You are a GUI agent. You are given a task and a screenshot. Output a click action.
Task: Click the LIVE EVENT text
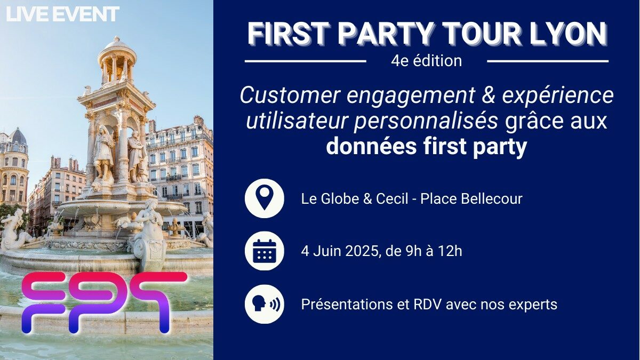[x=62, y=14]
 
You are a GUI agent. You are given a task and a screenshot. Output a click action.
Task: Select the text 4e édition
[x=426, y=61]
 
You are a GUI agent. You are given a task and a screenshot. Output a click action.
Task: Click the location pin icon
[x=265, y=198]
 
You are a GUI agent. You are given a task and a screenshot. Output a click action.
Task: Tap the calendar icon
[x=265, y=251]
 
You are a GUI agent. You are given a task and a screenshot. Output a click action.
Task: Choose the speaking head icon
[x=265, y=304]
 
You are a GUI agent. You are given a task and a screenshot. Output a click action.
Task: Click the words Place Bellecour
[x=471, y=199]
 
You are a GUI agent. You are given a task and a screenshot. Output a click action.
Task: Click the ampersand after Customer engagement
[x=487, y=95]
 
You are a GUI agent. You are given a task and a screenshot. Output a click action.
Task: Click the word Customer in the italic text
[x=291, y=95]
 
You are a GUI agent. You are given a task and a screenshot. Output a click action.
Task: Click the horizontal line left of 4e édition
[x=306, y=61]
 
